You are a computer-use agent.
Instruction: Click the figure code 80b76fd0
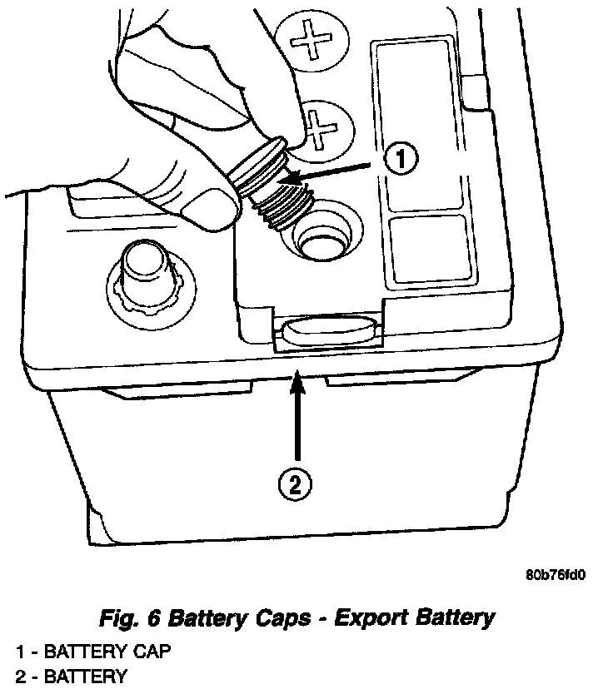point(556,575)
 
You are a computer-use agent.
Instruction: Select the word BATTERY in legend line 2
point(86,676)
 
